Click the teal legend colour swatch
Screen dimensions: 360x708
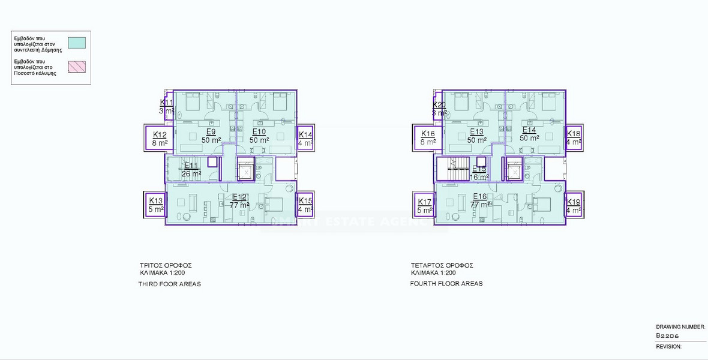tap(77, 43)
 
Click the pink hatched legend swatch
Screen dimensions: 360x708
tap(77, 66)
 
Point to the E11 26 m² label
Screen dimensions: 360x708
tap(192, 170)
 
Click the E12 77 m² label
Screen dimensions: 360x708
tap(239, 201)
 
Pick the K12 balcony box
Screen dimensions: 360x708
tap(160, 139)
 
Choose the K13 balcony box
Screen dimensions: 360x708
tap(156, 205)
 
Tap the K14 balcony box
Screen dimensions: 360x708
tap(305, 139)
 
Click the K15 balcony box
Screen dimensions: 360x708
tap(305, 205)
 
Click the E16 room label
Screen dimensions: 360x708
tap(480, 200)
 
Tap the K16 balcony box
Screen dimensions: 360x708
tap(428, 138)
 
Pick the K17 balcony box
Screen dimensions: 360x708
tap(425, 206)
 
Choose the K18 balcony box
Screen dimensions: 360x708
tap(574, 138)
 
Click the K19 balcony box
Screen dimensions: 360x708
tap(574, 206)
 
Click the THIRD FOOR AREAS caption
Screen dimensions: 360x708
tap(169, 284)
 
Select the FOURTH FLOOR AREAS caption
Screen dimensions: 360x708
tap(446, 283)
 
